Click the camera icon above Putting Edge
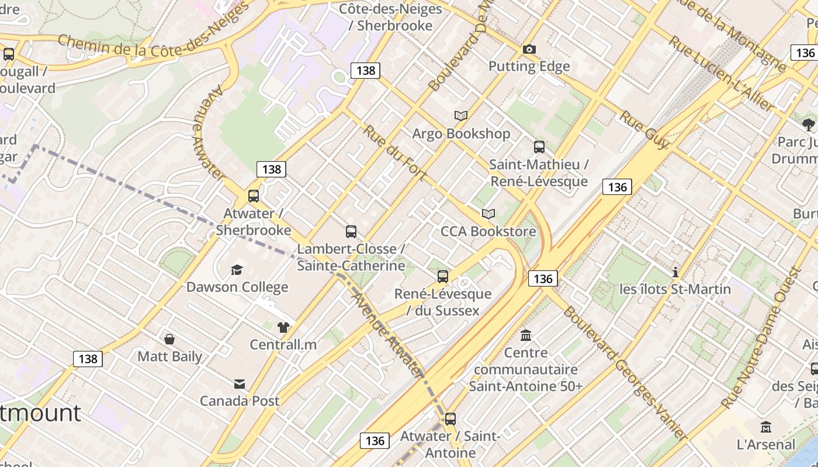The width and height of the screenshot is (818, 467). tap(529, 50)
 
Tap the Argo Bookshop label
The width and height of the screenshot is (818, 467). tap(461, 134)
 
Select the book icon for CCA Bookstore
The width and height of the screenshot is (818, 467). tap(488, 214)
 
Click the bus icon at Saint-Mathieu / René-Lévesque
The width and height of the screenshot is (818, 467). tap(539, 147)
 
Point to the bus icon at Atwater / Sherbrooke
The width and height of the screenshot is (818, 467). tap(253, 196)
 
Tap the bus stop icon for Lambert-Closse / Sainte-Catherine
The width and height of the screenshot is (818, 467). tap(351, 232)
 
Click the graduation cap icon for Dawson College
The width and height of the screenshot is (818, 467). tap(237, 270)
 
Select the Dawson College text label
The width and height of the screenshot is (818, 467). tap(237, 287)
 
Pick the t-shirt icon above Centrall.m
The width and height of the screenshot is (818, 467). tap(283, 327)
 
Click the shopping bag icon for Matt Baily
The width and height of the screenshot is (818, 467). tap(169, 339)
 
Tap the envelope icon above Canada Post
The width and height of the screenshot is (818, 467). tap(240, 384)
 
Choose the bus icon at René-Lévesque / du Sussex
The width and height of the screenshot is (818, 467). tap(443, 277)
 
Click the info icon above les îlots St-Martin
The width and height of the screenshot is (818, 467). tap(675, 272)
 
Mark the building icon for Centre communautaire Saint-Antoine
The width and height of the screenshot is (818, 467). tap(526, 335)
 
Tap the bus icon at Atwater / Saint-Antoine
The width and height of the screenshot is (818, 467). tap(450, 419)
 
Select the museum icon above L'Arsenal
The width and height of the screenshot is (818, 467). tap(766, 427)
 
